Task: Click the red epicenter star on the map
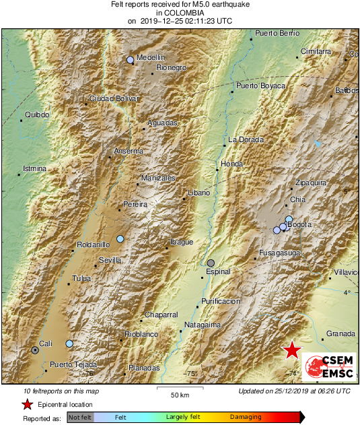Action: (291, 350)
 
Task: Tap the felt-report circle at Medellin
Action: (131, 60)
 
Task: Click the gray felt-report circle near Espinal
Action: (211, 263)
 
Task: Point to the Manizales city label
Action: (159, 178)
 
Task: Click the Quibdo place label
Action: (37, 115)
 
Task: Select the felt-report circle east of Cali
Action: (69, 344)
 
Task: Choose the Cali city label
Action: (46, 344)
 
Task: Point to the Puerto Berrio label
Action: (278, 33)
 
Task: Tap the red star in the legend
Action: (27, 405)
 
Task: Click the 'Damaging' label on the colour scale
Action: (246, 418)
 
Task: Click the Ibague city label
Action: (181, 242)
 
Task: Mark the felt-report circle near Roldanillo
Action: (120, 238)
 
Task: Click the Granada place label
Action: (340, 333)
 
